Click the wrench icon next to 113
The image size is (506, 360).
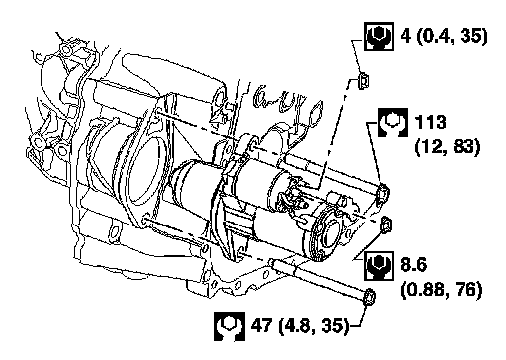click(392, 123)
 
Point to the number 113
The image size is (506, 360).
click(431, 123)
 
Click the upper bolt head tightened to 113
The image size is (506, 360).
click(382, 194)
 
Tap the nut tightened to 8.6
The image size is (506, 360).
click(386, 225)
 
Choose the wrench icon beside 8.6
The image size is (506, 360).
click(379, 266)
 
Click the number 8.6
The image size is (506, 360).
click(414, 265)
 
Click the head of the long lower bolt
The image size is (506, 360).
click(369, 297)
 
